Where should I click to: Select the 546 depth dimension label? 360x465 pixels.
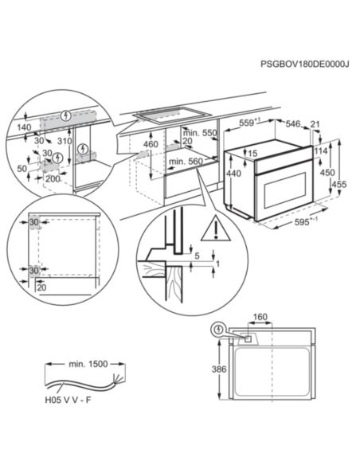292,123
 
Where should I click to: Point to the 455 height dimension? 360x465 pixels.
339,184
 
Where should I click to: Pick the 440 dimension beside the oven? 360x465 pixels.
234,173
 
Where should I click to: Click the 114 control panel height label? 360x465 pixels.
321,151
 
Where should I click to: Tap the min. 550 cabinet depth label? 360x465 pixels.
200,133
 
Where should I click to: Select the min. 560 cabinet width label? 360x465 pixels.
186,162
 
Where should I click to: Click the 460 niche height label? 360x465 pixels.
151,144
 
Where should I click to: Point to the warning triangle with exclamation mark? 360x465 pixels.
216,229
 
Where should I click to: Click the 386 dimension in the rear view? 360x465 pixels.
219,369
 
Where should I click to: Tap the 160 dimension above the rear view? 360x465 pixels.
260,317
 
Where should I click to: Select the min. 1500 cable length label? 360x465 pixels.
88,364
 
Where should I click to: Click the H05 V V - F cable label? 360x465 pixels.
68,400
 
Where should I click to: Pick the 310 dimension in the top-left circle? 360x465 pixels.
65,141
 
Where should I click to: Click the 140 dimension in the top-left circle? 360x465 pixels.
24,127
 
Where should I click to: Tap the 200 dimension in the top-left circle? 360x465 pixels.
53,179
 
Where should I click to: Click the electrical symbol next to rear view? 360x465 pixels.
218,330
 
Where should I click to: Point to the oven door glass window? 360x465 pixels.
285,190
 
